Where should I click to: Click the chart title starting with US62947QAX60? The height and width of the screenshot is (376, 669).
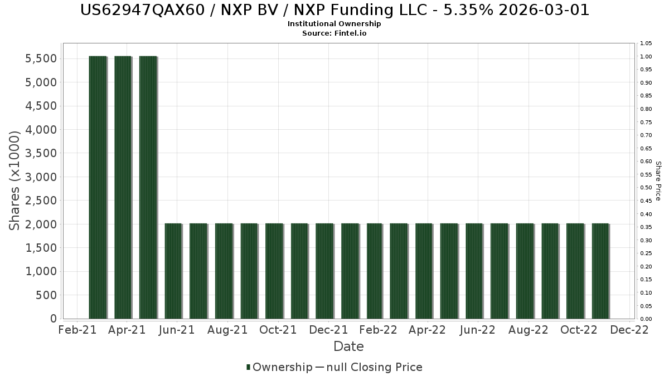tap(334, 10)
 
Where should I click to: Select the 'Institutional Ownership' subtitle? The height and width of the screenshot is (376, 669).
tap(334, 24)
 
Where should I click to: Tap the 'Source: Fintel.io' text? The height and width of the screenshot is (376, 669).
tap(334, 33)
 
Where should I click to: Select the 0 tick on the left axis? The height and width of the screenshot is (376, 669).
tap(53, 319)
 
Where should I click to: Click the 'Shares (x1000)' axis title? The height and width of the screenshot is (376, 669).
tap(15, 180)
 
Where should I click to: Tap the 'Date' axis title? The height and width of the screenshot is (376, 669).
tap(348, 346)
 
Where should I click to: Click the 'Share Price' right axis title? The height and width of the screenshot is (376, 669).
tap(658, 180)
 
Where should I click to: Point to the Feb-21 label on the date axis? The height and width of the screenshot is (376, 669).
tap(76, 330)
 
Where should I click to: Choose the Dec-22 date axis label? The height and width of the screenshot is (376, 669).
tap(629, 330)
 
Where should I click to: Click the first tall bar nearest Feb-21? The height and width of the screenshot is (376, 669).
tap(98, 187)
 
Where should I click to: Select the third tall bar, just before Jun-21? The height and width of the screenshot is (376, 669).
tap(148, 187)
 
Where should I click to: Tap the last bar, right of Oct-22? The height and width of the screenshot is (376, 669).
tap(600, 271)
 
